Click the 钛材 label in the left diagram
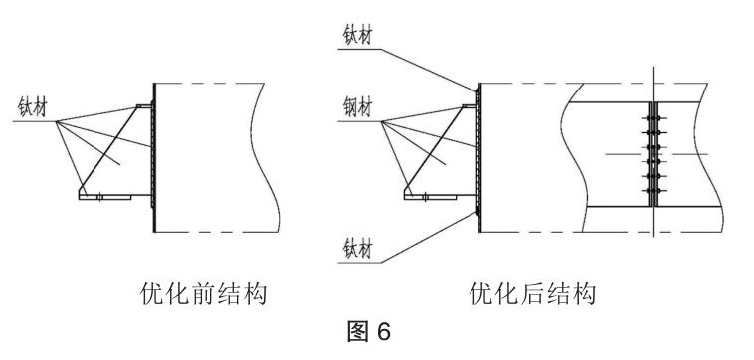33,107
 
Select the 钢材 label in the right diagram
357,107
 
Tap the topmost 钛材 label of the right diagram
357,35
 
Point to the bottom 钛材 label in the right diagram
357,249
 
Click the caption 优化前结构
203,293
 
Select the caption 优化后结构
533,293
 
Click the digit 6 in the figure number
383,331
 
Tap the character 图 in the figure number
358,331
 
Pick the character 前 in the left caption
203,293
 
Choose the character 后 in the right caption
533,293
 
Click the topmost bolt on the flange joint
653,118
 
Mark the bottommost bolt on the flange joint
653,191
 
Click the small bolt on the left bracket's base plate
99,197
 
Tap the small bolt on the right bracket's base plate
425,197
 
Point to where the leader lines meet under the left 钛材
57,121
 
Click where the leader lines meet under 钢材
381,121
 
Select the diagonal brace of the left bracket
108,150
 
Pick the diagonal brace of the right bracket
434,150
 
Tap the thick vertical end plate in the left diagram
154,158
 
